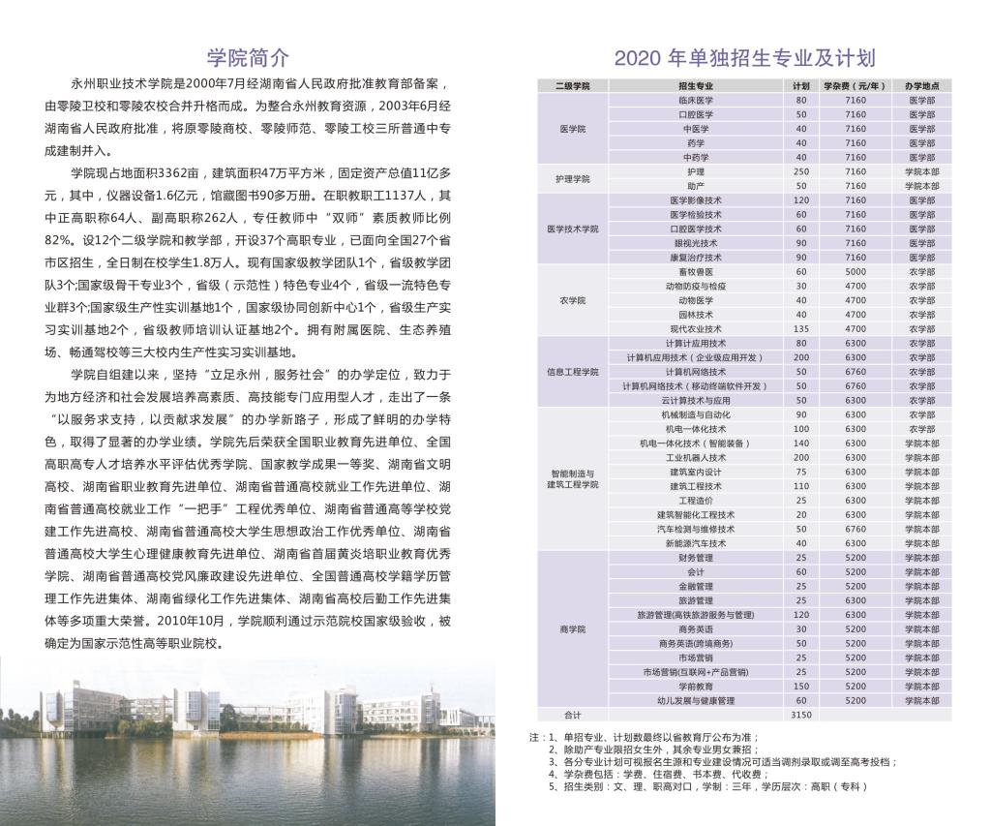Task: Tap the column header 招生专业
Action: coord(695,86)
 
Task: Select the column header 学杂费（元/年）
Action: coord(856,86)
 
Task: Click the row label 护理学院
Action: coord(573,178)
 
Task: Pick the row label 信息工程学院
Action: coord(573,372)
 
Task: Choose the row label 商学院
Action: coord(573,629)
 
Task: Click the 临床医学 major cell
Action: coord(695,100)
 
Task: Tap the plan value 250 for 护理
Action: coord(801,171)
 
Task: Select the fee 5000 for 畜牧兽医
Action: coord(856,272)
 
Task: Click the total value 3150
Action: coord(801,715)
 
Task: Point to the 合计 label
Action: coord(573,715)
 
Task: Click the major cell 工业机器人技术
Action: coord(695,458)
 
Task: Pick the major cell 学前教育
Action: coord(695,686)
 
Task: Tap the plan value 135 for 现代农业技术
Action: coord(801,329)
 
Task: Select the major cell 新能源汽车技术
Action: coord(695,543)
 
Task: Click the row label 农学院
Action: coord(573,300)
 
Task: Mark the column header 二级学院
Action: coord(573,86)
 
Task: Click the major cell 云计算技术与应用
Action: coord(695,401)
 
